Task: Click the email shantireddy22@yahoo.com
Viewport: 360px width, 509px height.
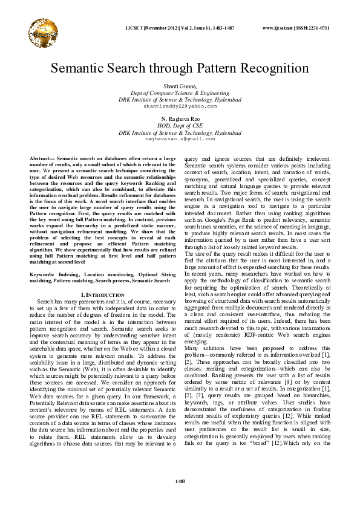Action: click(x=180, y=106)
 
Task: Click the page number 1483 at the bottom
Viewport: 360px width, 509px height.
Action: click(x=180, y=481)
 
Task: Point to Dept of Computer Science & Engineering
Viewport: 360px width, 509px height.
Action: click(x=180, y=94)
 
